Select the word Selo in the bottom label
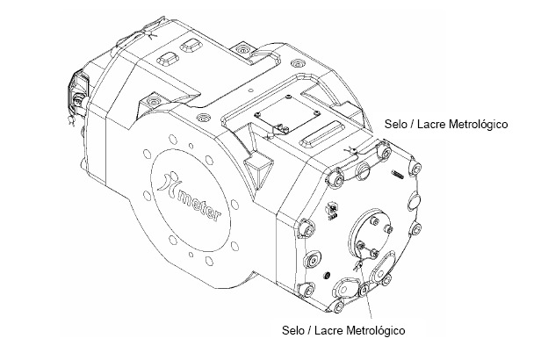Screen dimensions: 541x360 pos(292,330)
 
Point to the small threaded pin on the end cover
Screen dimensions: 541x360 pos(398,175)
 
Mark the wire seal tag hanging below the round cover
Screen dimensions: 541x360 pos(357,265)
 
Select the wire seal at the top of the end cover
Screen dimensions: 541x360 pos(351,150)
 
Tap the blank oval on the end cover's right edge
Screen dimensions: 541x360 pos(414,201)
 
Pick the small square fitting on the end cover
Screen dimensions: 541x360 pos(333,210)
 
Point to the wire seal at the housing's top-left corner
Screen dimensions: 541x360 pos(149,33)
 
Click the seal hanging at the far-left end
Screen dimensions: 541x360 pos(72,120)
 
